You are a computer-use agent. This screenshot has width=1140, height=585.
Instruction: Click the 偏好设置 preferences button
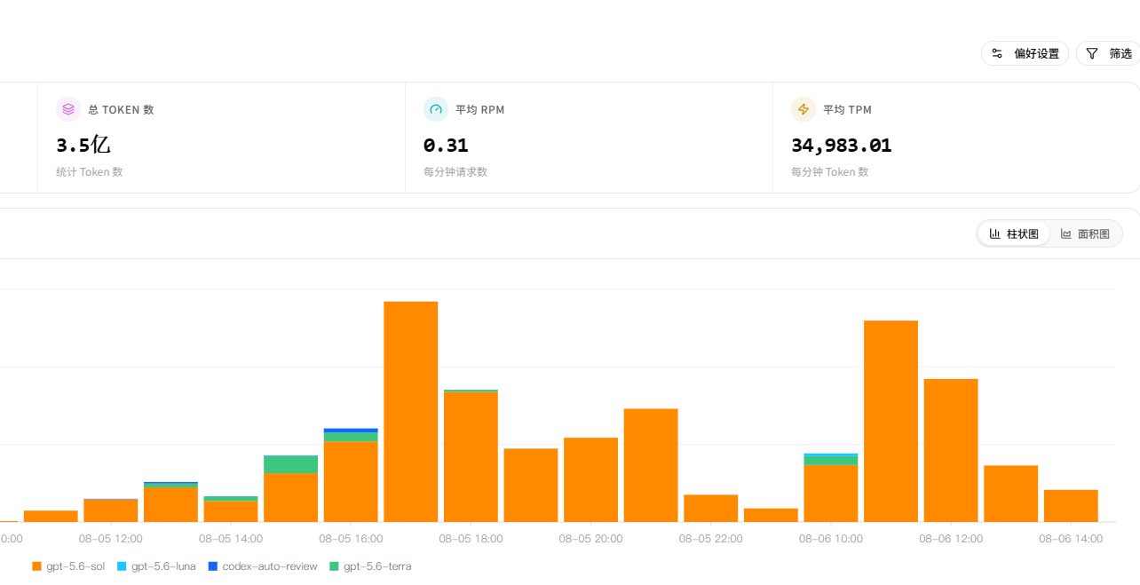[x=1025, y=53]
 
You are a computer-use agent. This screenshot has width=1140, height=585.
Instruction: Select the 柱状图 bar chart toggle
[x=1014, y=234]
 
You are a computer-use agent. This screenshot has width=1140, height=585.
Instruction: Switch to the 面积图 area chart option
[x=1085, y=234]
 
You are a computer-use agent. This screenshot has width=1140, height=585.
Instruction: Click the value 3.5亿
[x=83, y=145]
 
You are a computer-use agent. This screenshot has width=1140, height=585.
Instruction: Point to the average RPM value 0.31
[x=446, y=146]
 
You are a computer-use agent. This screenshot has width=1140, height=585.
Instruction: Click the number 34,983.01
[x=842, y=146]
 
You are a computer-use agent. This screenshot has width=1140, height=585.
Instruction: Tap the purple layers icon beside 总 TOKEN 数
[x=68, y=109]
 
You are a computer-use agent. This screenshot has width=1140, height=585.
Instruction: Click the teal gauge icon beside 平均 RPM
[x=436, y=109]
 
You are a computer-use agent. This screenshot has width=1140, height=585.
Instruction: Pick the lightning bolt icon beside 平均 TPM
[x=804, y=109]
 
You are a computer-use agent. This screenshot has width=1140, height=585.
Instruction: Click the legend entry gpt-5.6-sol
[x=68, y=566]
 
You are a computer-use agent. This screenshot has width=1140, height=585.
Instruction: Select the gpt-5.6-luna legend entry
[x=156, y=566]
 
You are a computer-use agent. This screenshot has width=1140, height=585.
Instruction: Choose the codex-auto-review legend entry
[x=263, y=566]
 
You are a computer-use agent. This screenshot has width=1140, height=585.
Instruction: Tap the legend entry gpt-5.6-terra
[x=370, y=566]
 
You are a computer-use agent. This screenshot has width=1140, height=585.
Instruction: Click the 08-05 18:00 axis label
[x=471, y=539]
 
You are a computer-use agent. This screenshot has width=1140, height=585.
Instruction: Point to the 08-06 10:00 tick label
[x=830, y=539]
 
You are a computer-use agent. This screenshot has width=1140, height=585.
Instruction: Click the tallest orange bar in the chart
[x=411, y=412]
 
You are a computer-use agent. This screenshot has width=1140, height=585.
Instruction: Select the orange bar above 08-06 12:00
[x=951, y=450]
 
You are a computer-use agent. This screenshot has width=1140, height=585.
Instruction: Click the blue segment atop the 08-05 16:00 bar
[x=351, y=431]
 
